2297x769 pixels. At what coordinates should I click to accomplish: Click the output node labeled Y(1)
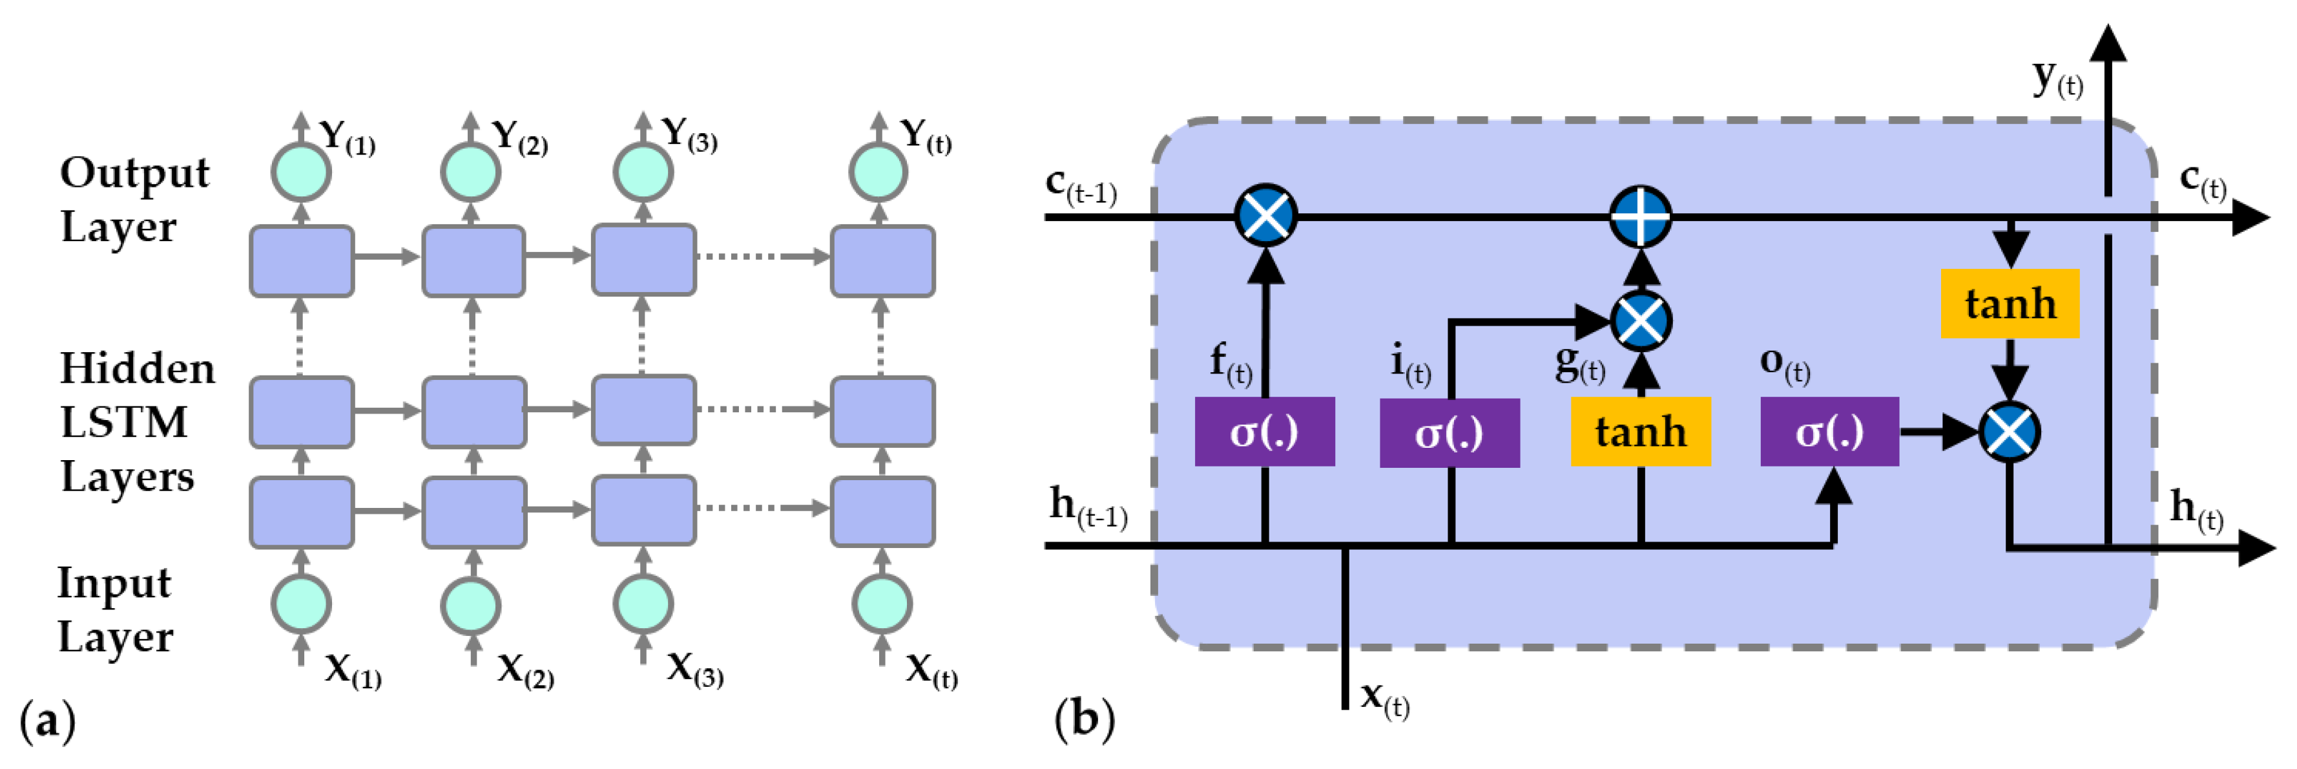302,171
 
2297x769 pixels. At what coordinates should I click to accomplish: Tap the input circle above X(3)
643,604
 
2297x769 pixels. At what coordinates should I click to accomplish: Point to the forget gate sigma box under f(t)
1264,432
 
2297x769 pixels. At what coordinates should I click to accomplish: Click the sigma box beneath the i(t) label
1449,433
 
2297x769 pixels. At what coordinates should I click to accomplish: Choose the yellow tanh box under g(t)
1641,432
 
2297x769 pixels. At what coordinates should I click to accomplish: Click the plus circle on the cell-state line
1641,216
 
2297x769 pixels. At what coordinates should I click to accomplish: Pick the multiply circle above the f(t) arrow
1265,216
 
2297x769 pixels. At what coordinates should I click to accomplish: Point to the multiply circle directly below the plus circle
1641,321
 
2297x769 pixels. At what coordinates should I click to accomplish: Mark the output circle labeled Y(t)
878,171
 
